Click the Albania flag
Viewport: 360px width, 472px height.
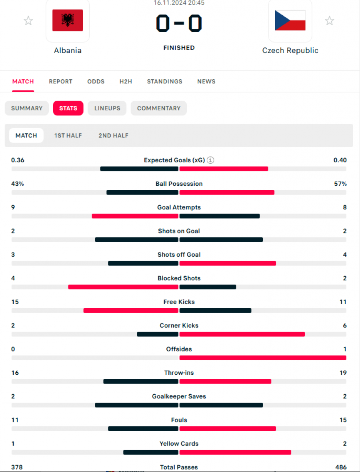click(x=68, y=20)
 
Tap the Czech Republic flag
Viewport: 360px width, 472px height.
click(x=290, y=20)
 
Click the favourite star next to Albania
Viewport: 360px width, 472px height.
click(x=28, y=20)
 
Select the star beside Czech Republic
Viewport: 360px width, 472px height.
click(x=329, y=20)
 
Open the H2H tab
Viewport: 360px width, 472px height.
click(x=126, y=82)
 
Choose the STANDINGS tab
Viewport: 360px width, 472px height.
click(x=164, y=82)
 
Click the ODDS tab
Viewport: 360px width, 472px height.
click(x=96, y=82)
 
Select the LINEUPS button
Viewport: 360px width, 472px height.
click(x=107, y=108)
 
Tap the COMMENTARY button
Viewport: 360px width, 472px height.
click(x=159, y=108)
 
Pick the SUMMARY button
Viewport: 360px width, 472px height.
click(x=27, y=108)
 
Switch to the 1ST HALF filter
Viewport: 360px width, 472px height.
click(x=68, y=135)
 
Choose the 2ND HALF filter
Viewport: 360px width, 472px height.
click(x=113, y=135)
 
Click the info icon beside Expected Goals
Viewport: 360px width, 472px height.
click(x=210, y=160)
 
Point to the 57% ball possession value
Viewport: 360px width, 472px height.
click(x=340, y=184)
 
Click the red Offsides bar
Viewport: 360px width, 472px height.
click(x=263, y=358)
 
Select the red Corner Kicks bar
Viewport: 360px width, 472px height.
click(x=242, y=334)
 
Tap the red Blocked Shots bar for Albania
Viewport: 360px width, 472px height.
click(x=123, y=287)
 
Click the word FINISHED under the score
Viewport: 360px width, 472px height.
click(x=179, y=48)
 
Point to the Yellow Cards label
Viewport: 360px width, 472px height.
click(x=179, y=444)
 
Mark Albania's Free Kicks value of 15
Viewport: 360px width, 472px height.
click(x=15, y=302)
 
